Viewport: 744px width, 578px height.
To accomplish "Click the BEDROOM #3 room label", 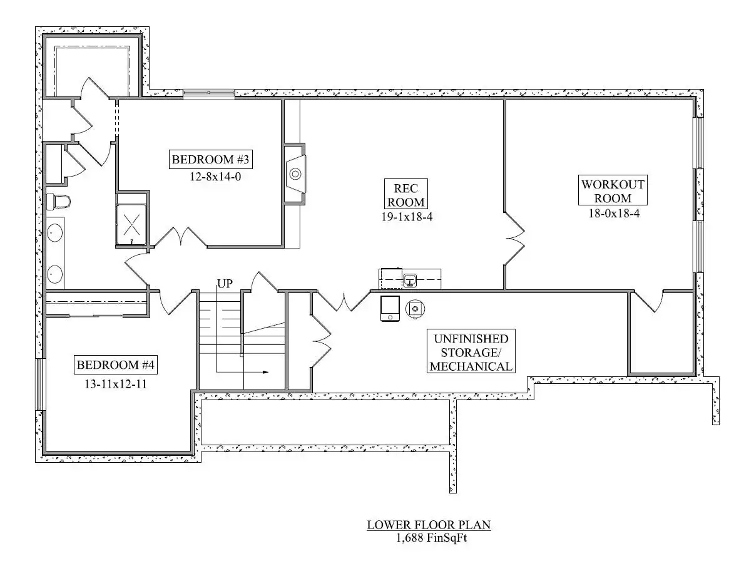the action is click(x=210, y=159).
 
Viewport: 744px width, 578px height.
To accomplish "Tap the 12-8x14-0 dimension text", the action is click(x=215, y=177).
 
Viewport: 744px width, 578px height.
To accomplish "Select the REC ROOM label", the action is click(x=405, y=195).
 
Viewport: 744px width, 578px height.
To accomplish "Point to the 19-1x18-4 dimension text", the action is click(x=407, y=217).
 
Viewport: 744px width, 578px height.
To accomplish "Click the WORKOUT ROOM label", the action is click(x=613, y=190).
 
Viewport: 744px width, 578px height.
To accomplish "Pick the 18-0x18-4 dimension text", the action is click(x=614, y=214).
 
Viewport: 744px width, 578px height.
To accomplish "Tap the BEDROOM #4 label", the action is click(x=116, y=364).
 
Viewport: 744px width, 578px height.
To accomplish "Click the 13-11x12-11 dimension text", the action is click(x=116, y=384).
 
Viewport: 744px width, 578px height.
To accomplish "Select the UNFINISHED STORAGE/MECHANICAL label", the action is click(x=471, y=352).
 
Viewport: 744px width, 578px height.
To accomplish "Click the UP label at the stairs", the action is click(x=225, y=284).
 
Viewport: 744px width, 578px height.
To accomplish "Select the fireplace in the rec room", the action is click(x=295, y=174).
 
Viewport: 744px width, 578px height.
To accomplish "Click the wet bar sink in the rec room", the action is click(x=409, y=281).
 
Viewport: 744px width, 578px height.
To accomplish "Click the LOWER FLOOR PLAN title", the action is click(x=429, y=525).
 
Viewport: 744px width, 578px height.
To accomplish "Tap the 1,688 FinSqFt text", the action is click(x=432, y=538).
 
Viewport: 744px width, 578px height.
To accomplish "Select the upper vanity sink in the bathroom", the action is click(x=55, y=233).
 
